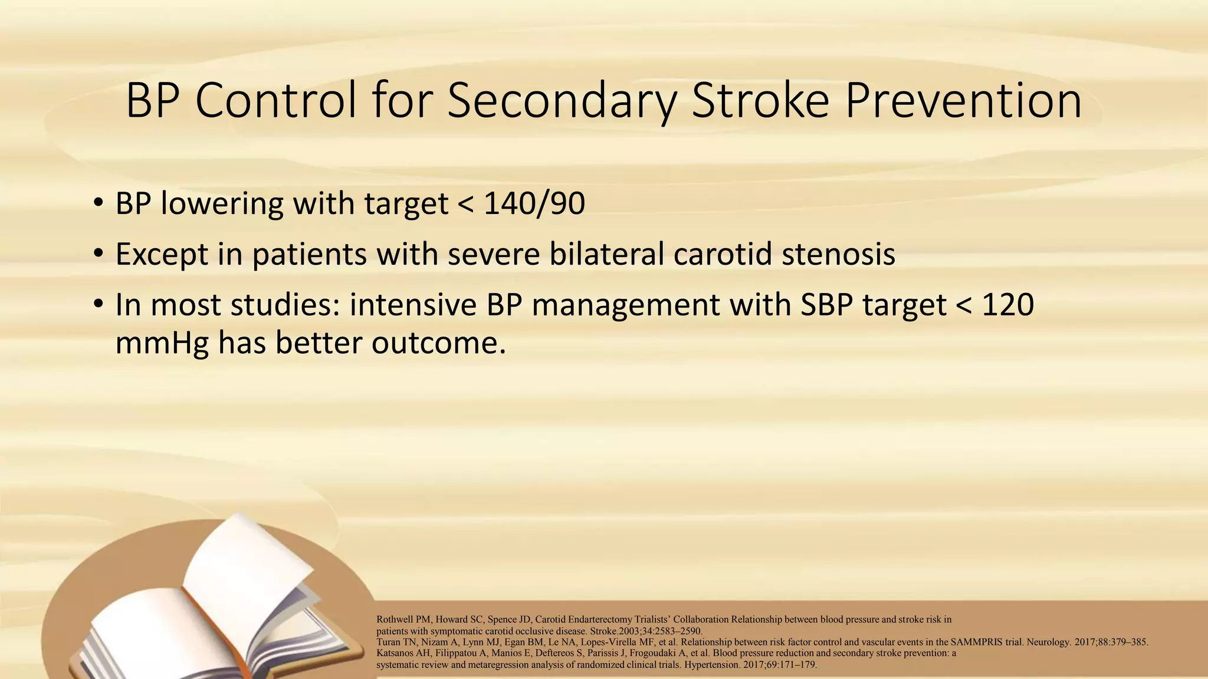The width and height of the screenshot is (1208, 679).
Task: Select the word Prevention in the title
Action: point(963,100)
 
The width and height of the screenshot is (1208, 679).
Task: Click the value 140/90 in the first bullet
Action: point(534,204)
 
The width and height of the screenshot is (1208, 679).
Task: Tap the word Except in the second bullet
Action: point(162,255)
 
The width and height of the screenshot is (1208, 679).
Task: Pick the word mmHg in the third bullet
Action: point(162,343)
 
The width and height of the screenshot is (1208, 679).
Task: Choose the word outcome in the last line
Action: point(438,343)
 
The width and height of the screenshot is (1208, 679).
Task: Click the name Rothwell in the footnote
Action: point(395,619)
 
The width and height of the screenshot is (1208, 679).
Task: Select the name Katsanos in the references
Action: point(395,653)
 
